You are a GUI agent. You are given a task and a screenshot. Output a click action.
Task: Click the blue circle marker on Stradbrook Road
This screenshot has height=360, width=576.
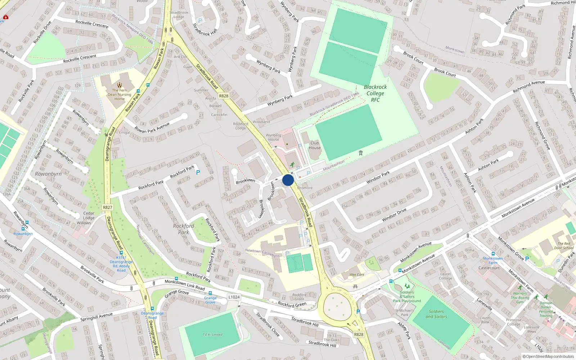click(x=288, y=180)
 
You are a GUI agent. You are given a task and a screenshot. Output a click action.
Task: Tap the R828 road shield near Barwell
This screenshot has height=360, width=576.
click(x=224, y=96)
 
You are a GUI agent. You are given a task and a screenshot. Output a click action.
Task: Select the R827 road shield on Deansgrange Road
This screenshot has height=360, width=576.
click(x=107, y=207)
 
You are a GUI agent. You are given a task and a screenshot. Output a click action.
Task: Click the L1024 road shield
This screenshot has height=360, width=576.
click(x=234, y=297)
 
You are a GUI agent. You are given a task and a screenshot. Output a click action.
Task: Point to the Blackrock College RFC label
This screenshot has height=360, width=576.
click(x=375, y=93)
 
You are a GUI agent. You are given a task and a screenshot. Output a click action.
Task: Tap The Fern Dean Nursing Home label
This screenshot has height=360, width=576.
click(x=120, y=95)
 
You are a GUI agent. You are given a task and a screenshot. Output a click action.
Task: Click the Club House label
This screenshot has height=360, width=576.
click(x=314, y=145)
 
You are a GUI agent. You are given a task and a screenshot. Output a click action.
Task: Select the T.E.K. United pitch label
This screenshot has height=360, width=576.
click(x=212, y=335)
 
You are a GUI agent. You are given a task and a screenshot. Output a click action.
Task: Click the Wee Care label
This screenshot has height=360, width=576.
click(x=357, y=275)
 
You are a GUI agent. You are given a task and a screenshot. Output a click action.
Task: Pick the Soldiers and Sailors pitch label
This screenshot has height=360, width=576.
click(x=436, y=314)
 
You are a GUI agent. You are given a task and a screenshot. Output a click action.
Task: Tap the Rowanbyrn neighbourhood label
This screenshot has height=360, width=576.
click(x=48, y=174)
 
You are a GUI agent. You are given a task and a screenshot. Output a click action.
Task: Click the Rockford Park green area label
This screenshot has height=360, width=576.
click(x=184, y=229)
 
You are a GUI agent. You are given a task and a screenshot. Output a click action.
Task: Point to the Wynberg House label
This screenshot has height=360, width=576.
click(x=273, y=137)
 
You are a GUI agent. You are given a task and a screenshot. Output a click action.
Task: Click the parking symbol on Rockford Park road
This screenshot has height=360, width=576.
click(x=198, y=173)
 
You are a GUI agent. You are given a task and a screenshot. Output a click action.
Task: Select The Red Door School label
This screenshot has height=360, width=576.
click(x=564, y=246)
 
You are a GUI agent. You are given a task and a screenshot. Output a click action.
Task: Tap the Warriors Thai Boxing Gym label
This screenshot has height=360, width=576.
click(x=520, y=298)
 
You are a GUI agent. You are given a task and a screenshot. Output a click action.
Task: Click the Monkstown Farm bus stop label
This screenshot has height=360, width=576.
click(x=493, y=261)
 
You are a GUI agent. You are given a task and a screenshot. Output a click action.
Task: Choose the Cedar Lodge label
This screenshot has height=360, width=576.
click(x=89, y=215)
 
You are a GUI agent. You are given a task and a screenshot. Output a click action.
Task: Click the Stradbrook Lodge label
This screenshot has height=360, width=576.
click(x=179, y=15)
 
